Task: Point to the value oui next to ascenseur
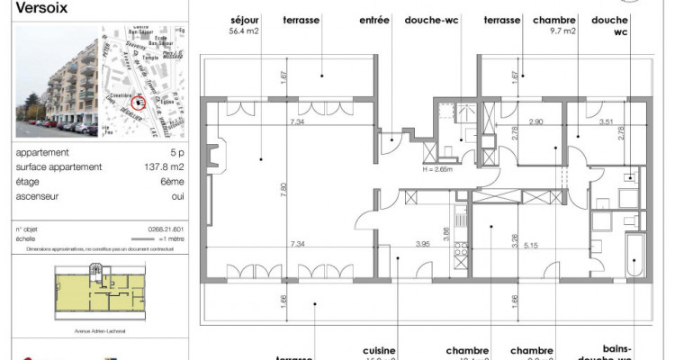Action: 178,193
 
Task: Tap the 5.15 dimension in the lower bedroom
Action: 536,243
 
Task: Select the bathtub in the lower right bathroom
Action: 634,256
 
